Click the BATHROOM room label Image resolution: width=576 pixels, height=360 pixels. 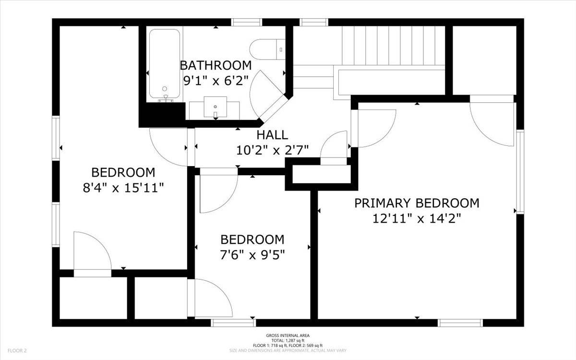(x=215, y=65)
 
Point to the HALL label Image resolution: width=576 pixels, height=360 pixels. (x=272, y=135)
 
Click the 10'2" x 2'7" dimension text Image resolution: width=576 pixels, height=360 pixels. (x=272, y=150)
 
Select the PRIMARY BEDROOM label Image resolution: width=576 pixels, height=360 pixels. (x=417, y=203)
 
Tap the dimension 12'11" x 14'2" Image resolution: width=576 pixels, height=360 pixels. (x=417, y=219)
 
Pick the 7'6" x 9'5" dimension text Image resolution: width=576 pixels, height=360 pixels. (x=252, y=254)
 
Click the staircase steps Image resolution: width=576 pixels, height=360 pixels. (x=394, y=45)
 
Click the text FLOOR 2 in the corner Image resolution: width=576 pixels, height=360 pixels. (x=17, y=351)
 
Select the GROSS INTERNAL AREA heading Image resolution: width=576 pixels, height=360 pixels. (x=288, y=336)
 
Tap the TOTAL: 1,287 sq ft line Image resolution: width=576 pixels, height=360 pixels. (x=288, y=340)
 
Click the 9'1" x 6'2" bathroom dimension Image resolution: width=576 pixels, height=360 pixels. (x=215, y=81)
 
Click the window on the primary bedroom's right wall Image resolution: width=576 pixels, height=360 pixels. (x=520, y=172)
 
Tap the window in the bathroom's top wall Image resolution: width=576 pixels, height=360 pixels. (x=247, y=22)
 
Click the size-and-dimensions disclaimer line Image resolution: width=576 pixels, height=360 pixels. (x=288, y=350)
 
